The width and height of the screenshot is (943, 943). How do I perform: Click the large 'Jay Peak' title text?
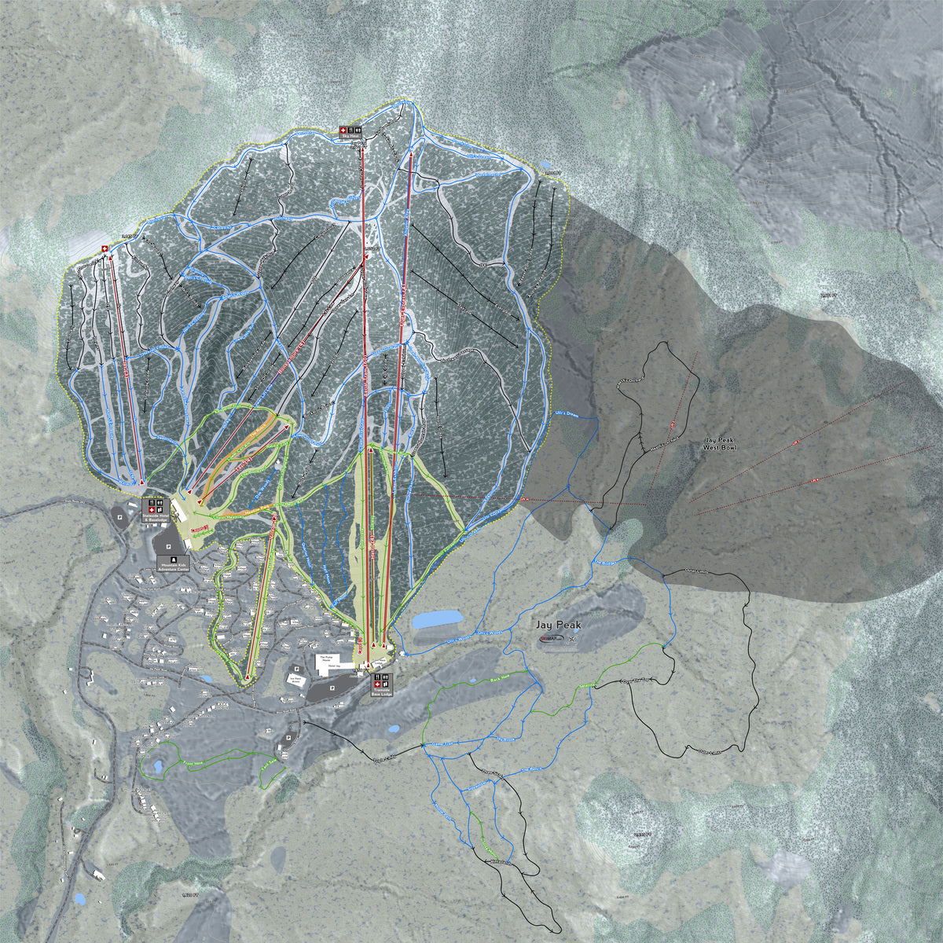point(559,625)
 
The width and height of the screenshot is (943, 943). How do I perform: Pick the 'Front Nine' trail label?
point(192,761)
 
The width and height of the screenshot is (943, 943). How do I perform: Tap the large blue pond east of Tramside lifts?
point(437,620)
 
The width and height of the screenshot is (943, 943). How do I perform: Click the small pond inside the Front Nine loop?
point(158,765)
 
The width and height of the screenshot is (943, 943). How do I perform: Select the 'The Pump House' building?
point(328,659)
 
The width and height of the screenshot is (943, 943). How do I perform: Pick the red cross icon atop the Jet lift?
point(106,249)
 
